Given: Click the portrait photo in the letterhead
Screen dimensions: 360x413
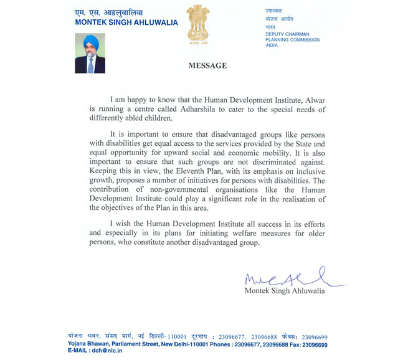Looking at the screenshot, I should click(90, 54).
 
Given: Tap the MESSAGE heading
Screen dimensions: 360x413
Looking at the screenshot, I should click(207, 66).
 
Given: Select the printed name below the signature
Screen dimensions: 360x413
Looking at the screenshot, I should click(285, 291).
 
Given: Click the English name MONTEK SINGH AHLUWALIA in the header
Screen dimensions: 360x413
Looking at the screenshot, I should click(126, 22).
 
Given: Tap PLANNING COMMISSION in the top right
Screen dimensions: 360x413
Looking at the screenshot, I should click(292, 40).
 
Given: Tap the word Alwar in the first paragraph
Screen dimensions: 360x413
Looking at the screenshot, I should click(312, 100).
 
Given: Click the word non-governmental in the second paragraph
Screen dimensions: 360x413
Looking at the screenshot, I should click(165, 189).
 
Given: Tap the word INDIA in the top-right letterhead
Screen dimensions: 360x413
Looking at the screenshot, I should click(272, 45).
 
